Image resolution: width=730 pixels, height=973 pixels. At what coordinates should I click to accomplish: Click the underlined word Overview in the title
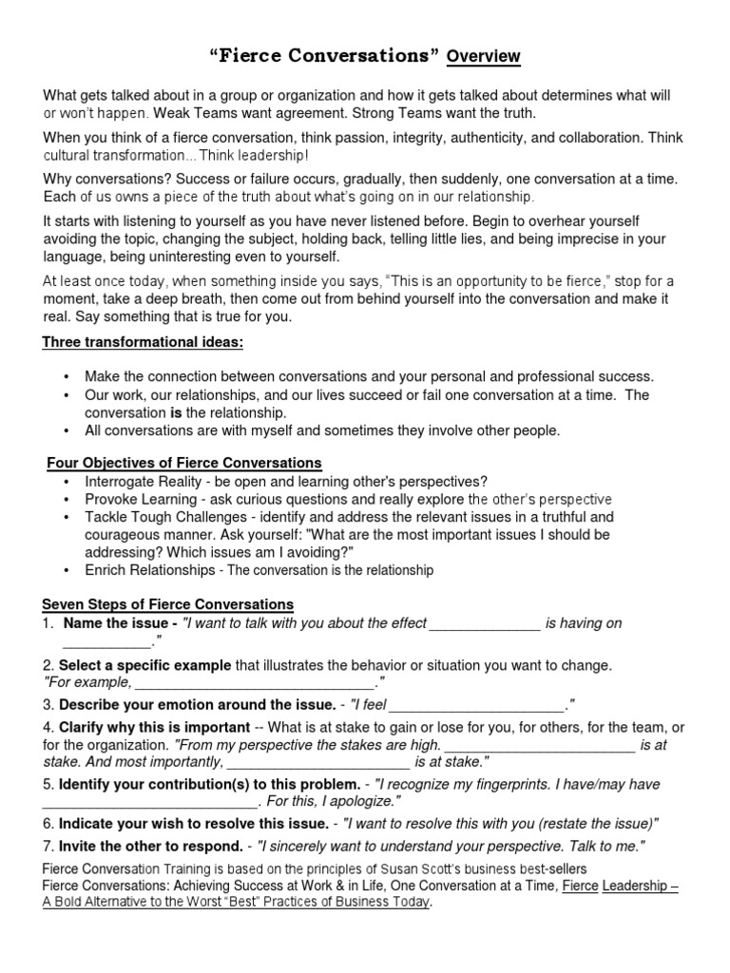(484, 56)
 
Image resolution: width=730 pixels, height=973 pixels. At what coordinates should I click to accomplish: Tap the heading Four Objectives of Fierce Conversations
(184, 463)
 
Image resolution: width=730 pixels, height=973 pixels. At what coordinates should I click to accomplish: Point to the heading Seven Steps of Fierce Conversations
(168, 604)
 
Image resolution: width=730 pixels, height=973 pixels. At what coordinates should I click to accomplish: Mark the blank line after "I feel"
(477, 705)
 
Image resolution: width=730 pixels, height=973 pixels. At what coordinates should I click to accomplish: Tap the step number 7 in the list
(47, 846)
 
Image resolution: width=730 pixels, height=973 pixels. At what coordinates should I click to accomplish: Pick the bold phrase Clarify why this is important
(155, 728)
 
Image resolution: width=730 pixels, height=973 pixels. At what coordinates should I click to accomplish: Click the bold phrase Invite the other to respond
(150, 846)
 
